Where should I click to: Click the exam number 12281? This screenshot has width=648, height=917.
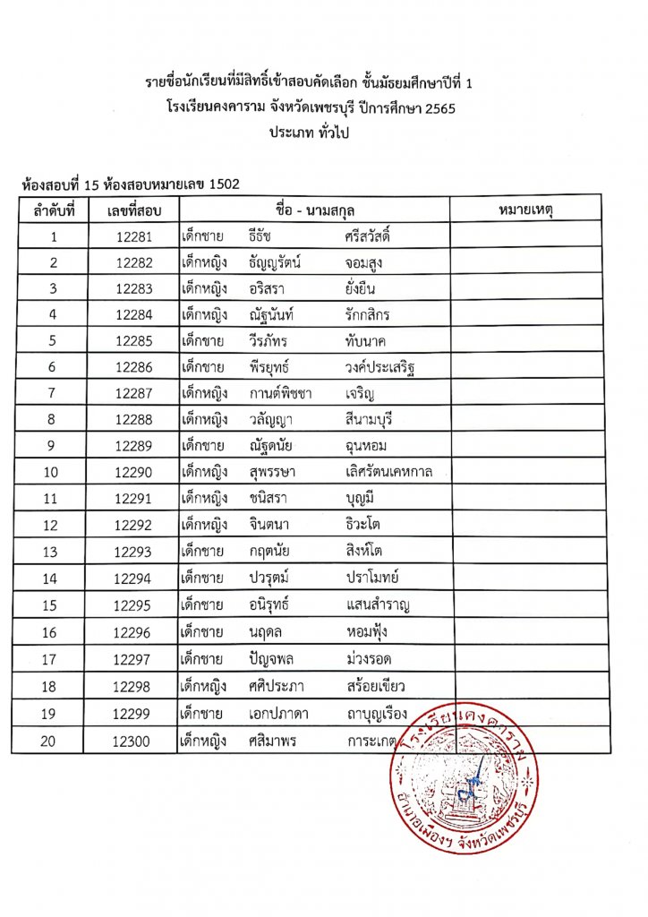pos(134,237)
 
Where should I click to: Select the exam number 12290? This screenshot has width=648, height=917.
pos(134,473)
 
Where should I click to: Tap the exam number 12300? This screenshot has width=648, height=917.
pos(134,741)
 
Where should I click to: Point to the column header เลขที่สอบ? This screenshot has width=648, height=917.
pos(133,210)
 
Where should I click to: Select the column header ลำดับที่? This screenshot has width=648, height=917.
pos(54,210)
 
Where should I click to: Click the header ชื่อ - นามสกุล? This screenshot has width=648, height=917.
pos(314,210)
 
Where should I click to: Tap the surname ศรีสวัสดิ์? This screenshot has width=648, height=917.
pos(374,237)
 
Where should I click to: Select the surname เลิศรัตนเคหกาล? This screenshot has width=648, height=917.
pos(389,473)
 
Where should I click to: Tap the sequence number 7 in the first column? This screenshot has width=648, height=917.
pos(54,394)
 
